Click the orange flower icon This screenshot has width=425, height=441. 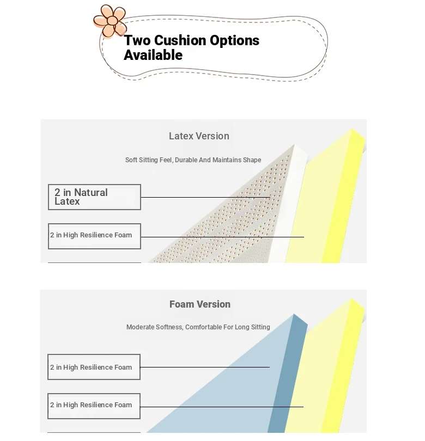(x=110, y=21)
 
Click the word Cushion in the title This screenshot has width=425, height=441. (x=180, y=40)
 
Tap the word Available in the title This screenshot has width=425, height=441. (x=153, y=55)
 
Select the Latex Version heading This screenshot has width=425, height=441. (x=199, y=136)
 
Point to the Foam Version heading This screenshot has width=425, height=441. (x=200, y=304)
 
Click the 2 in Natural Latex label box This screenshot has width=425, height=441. (x=94, y=197)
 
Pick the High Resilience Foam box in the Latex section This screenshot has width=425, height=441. (x=94, y=236)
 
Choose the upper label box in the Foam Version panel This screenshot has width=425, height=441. (x=94, y=367)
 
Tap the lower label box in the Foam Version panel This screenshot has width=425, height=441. (x=94, y=406)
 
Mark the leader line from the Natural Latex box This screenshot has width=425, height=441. (x=205, y=197)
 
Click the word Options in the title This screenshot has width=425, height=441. (x=234, y=41)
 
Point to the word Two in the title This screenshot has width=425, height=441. (x=137, y=40)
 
